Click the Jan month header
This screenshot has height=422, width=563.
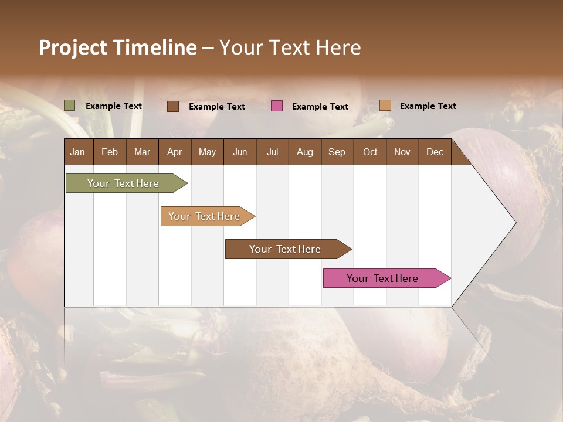[x=77, y=152]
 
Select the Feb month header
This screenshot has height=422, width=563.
[x=110, y=152]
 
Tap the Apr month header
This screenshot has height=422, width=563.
[x=174, y=152]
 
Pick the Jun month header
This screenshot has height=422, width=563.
[x=240, y=152]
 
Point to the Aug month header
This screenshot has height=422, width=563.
[x=304, y=152]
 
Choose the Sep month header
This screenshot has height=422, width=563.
[x=337, y=152]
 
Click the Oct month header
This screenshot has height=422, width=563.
[x=370, y=152]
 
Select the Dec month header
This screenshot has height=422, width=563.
[x=435, y=152]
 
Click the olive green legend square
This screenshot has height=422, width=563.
[x=70, y=105]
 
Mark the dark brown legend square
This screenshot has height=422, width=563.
[x=173, y=106]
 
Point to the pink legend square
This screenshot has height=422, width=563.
[x=277, y=105]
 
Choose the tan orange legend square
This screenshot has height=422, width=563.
[x=385, y=105]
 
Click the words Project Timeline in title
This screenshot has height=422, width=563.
[x=118, y=47]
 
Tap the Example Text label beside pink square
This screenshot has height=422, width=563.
[x=320, y=107]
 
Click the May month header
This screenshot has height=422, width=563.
[x=207, y=152]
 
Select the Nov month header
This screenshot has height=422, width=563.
[x=402, y=152]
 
